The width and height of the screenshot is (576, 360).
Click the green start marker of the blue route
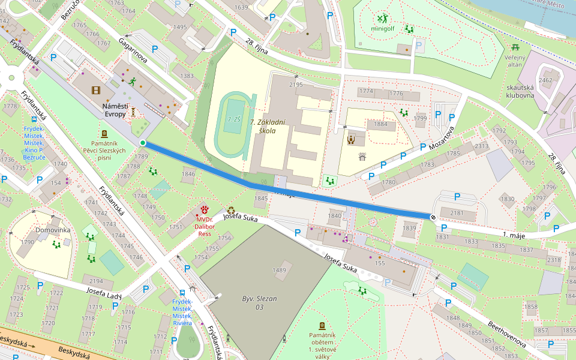(143, 142)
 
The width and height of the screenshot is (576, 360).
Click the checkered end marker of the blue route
(433, 217)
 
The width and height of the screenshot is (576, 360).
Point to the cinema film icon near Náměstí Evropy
(96, 91)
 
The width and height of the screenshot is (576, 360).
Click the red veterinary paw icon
(205, 209)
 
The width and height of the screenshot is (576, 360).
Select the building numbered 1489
(280, 271)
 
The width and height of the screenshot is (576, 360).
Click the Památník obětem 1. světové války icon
(322, 325)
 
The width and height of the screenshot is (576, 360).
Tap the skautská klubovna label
(520, 91)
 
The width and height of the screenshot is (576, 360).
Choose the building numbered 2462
(545, 80)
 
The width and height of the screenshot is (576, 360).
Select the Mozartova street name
(440, 139)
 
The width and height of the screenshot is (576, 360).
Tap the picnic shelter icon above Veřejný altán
(515, 47)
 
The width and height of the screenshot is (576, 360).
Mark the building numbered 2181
(457, 213)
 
